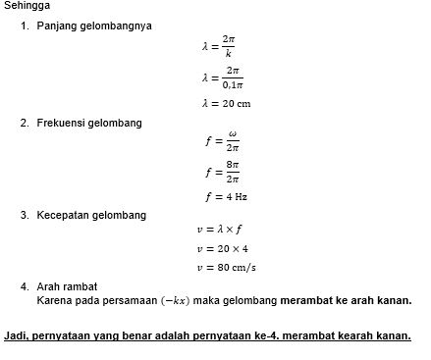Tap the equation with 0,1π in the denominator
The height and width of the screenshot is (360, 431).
click(221, 77)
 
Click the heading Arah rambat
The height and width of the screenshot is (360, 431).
click(65, 287)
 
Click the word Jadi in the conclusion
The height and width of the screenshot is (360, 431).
click(15, 335)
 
